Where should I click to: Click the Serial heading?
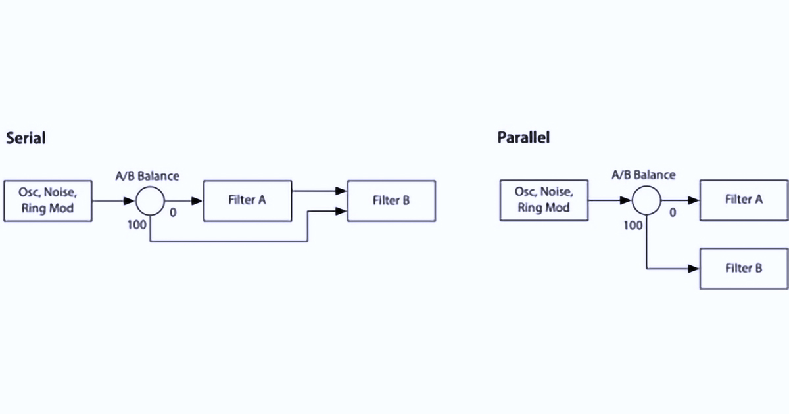pyautogui.click(x=26, y=138)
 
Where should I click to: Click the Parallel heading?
pyautogui.click(x=523, y=137)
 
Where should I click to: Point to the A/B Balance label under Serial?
pyautogui.click(x=147, y=176)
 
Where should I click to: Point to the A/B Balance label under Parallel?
pyautogui.click(x=644, y=175)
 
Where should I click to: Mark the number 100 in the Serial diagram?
pyautogui.click(x=137, y=225)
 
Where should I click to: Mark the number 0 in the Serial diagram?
pyautogui.click(x=173, y=212)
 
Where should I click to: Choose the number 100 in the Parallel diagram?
pyautogui.click(x=633, y=225)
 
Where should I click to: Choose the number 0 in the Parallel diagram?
pyautogui.click(x=673, y=212)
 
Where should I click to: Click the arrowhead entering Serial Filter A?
pyautogui.click(x=197, y=201)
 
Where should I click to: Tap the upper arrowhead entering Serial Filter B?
pyautogui.click(x=341, y=191)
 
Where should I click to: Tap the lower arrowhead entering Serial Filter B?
pyautogui.click(x=341, y=211)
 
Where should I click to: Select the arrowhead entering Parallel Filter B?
pyautogui.click(x=694, y=269)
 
